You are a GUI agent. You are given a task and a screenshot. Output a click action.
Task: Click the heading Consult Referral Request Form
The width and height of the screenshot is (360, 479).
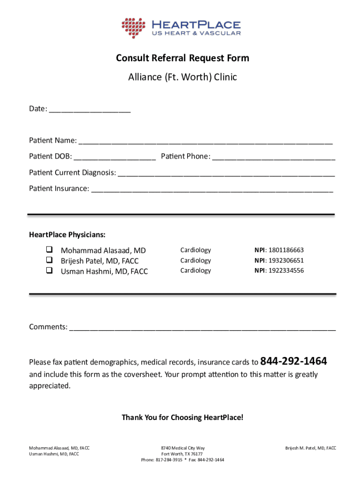[x=182, y=58]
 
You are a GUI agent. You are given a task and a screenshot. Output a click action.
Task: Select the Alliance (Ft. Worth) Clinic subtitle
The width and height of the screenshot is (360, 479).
[x=182, y=77]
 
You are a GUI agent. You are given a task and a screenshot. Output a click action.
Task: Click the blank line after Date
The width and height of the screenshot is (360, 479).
[x=89, y=110]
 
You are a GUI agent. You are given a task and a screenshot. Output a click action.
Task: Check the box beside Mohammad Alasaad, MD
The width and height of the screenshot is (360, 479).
[x=49, y=250]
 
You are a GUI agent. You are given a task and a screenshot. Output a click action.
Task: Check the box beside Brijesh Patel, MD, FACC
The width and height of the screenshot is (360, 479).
[x=49, y=260]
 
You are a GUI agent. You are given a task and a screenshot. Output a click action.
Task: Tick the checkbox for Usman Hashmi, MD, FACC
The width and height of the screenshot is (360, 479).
[x=49, y=270]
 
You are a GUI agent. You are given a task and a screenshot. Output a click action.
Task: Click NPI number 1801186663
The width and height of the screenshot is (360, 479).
[x=286, y=250]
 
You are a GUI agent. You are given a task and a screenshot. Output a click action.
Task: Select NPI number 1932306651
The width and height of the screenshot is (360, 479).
[x=286, y=261]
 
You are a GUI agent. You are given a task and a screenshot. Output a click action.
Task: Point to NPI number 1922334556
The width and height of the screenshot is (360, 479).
[x=286, y=270]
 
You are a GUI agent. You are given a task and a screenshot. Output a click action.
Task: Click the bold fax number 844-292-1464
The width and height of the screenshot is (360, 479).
[x=293, y=361]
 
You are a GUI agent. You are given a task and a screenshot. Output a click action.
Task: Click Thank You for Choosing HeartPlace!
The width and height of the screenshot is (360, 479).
[x=182, y=417]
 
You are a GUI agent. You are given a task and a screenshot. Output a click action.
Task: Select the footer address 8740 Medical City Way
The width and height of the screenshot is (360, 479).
[x=182, y=448]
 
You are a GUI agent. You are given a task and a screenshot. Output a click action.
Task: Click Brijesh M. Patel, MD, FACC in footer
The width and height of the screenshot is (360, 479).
[x=310, y=448]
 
